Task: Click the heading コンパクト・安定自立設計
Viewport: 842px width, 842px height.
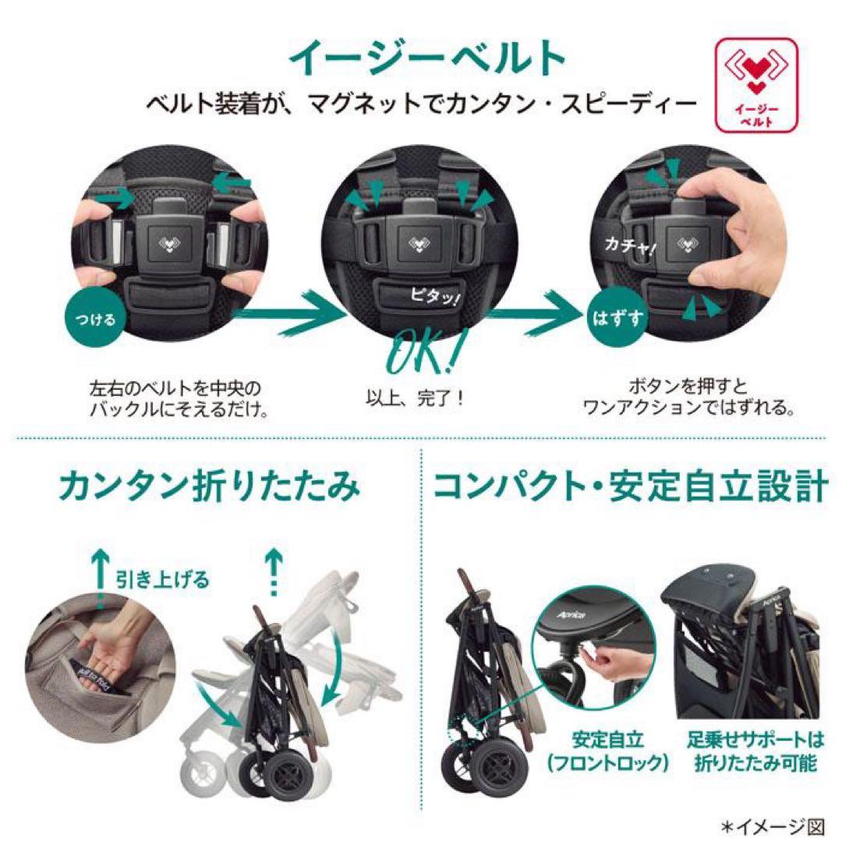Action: (630, 488)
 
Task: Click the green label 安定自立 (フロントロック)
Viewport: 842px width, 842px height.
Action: (621, 750)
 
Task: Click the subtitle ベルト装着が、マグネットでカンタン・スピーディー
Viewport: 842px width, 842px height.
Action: (422, 101)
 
